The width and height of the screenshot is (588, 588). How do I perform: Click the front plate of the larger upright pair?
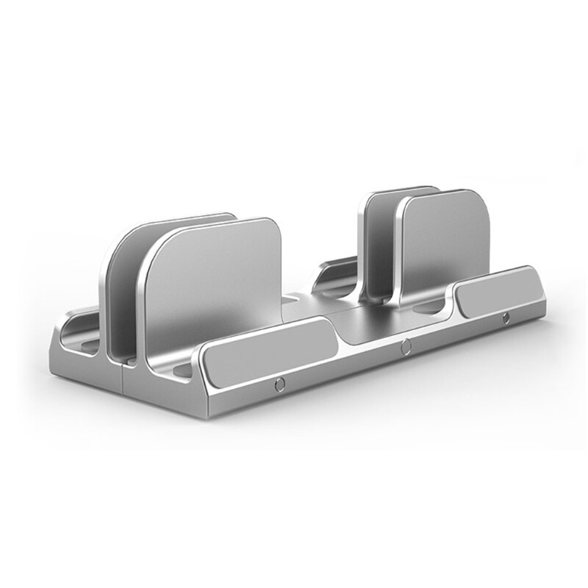click(x=213, y=287)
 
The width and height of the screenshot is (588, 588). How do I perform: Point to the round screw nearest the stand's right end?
click(x=506, y=318)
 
